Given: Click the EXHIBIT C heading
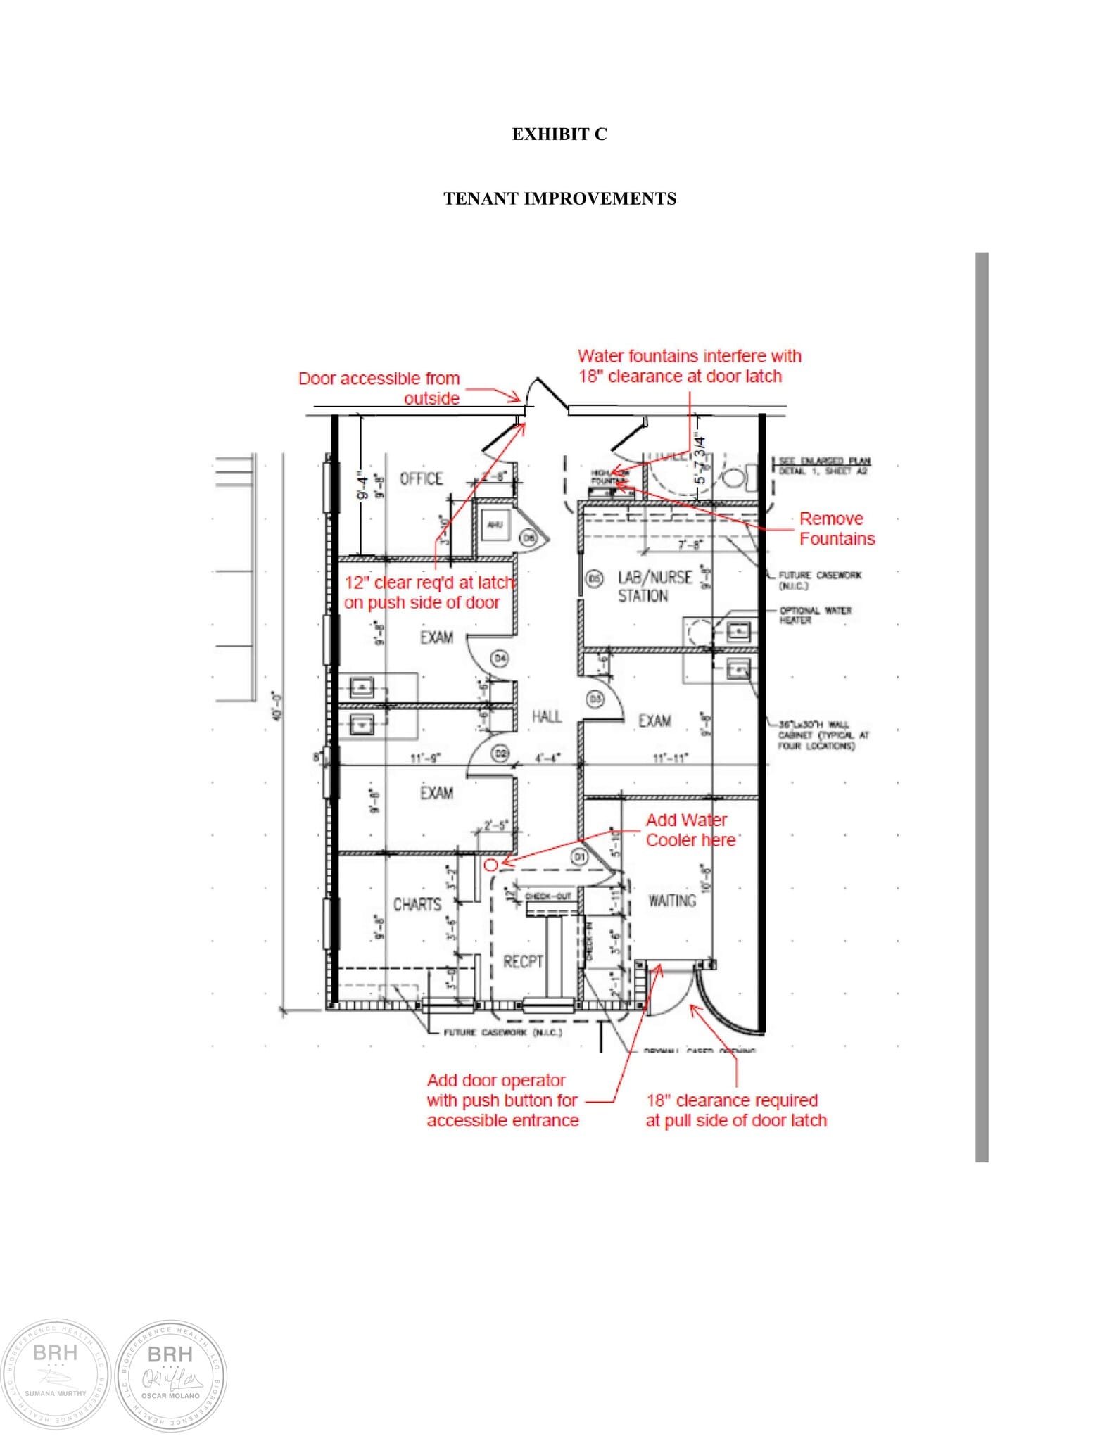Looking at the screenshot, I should [x=559, y=134].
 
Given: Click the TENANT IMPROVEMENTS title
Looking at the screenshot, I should [x=559, y=198].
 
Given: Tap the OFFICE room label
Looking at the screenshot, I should [x=421, y=479].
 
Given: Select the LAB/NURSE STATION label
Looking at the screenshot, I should [x=654, y=586].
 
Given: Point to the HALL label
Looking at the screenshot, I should [x=546, y=716].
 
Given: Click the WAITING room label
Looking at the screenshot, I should [x=671, y=901].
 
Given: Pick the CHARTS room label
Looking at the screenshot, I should [x=417, y=904].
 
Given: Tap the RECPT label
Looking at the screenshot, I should [x=523, y=961].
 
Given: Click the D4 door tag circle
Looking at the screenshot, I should [x=500, y=659].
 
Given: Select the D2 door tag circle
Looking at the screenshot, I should [x=500, y=753].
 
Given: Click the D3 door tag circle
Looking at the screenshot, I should [x=595, y=699].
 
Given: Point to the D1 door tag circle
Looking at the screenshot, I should [x=578, y=856].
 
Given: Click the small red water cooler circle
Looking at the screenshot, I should [x=491, y=864].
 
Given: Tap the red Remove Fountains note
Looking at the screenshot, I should [x=836, y=528].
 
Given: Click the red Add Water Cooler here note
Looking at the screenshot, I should [x=690, y=830].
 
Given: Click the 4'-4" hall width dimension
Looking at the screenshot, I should [x=547, y=758].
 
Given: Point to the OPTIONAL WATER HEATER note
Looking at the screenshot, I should [x=815, y=615].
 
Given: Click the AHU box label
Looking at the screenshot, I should [x=495, y=525].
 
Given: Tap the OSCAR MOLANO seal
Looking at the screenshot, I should [x=170, y=1375].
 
